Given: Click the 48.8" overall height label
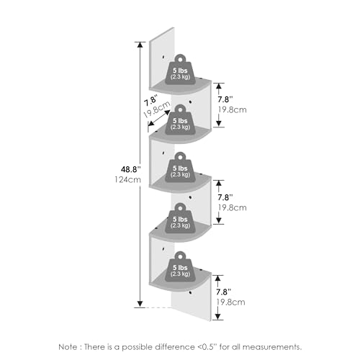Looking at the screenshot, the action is [130, 169].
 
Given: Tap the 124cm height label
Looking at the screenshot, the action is [127, 179].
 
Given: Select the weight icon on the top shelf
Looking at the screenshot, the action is [180, 70].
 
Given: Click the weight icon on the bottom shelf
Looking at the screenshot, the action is [180, 266].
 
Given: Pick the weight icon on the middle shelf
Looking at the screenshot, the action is [180, 168].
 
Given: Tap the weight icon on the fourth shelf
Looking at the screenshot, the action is [180, 218].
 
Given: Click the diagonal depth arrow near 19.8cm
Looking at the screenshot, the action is [159, 118].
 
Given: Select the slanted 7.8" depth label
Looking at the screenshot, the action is [151, 100].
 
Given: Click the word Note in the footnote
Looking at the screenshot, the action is [68, 347].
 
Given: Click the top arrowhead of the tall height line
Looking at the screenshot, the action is [140, 45].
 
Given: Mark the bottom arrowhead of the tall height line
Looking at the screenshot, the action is [140, 304].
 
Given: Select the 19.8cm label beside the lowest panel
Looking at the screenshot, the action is [231, 302].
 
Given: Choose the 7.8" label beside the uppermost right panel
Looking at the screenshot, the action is [225, 99].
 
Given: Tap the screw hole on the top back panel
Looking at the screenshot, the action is [163, 58].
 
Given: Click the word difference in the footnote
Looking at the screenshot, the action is [175, 347].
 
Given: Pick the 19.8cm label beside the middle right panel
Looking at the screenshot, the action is [233, 207].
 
